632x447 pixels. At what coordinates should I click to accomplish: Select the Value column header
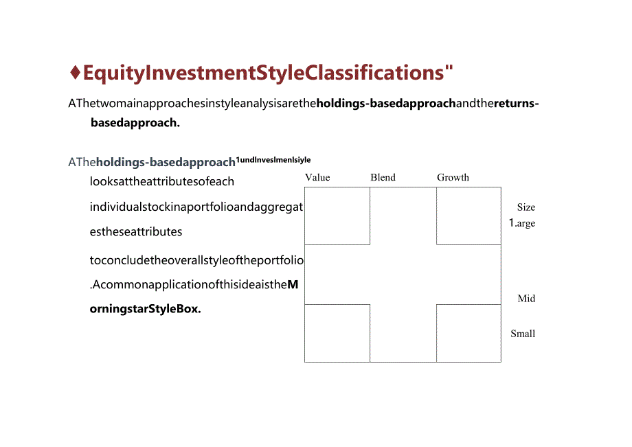pos(317,177)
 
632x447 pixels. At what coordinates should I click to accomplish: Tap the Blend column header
pos(383,177)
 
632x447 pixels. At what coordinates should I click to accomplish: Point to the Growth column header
pos(453,177)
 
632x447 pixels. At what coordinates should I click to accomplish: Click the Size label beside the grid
pos(526,207)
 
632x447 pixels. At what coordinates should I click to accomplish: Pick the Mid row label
pos(526,298)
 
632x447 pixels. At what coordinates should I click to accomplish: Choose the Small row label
pos(523,334)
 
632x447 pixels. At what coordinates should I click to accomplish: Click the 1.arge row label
pos(522,223)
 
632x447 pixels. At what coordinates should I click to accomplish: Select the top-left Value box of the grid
pos(337,216)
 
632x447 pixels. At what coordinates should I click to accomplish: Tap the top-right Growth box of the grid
pos(469,216)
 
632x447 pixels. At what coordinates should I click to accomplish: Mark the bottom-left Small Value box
pos(337,333)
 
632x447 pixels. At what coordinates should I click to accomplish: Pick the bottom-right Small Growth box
pos(469,333)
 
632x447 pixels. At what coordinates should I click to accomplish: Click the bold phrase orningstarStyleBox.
pos(146,309)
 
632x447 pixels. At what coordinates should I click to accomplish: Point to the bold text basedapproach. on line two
pos(135,123)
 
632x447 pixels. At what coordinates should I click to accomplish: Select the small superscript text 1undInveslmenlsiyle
pos(273,160)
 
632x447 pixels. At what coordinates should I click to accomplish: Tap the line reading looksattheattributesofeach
pos(162,181)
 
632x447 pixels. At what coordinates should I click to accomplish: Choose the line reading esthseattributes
pos(136,231)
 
